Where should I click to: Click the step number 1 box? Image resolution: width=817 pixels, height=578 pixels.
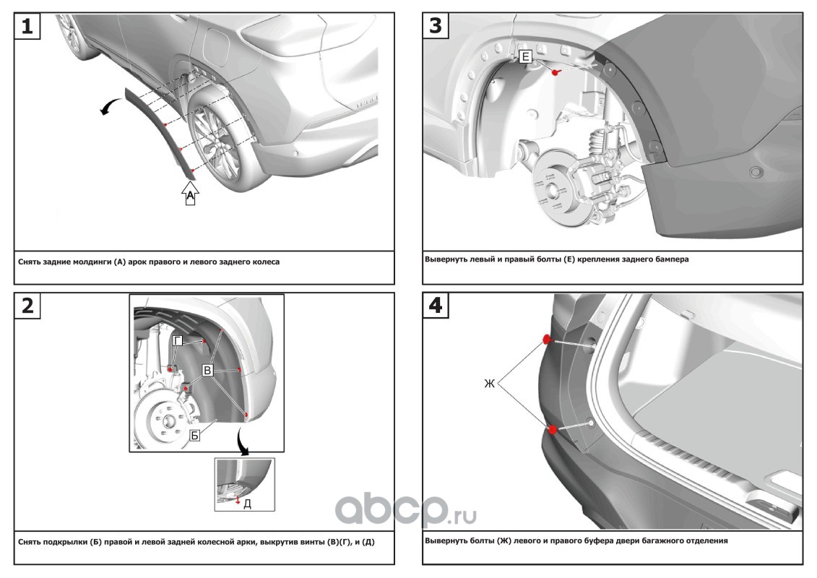click(x=27, y=27)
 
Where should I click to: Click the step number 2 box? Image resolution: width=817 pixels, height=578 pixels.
click(x=27, y=306)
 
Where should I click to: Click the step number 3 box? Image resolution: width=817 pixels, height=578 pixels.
click(x=435, y=26)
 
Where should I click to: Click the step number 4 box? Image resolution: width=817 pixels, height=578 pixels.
click(x=435, y=305)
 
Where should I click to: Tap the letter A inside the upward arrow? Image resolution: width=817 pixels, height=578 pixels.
click(x=190, y=195)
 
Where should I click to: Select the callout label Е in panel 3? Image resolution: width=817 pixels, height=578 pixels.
click(x=525, y=56)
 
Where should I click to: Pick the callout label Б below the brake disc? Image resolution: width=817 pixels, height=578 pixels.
click(x=194, y=436)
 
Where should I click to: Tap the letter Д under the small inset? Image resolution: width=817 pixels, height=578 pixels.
click(x=247, y=504)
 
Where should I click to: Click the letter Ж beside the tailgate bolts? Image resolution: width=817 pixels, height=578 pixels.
click(x=489, y=384)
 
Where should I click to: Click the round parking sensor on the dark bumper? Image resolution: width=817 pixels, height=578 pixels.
click(x=757, y=173)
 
